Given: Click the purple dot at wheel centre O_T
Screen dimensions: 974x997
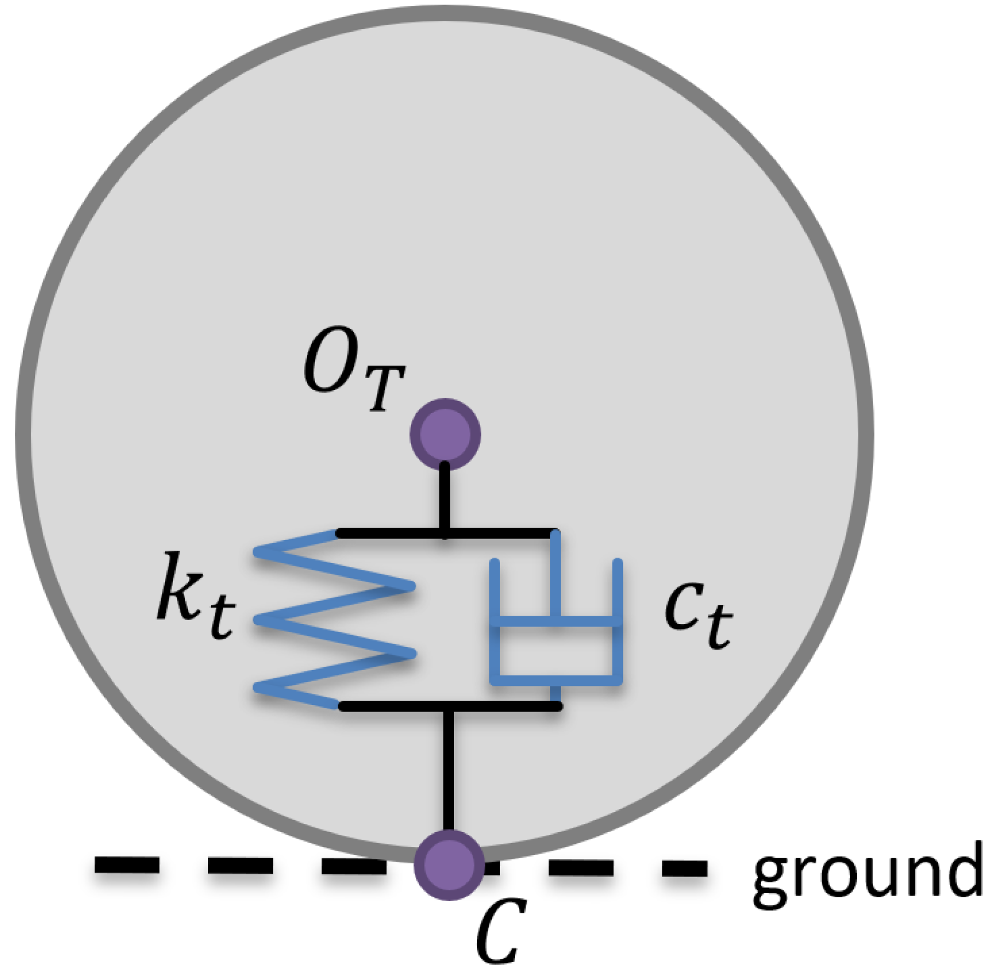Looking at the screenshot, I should [x=445, y=434].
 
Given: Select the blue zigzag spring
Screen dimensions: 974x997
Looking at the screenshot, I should [x=334, y=619].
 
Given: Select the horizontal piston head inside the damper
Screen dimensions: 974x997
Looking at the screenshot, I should [x=556, y=622].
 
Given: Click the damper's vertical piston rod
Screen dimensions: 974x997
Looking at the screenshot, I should [x=555, y=575].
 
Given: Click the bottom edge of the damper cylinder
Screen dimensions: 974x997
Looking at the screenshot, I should [x=556, y=681].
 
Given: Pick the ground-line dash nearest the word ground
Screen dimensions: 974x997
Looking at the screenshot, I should [x=685, y=868].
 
